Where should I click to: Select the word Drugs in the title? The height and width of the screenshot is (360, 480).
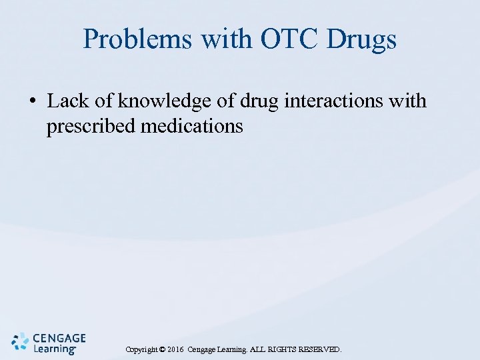(x=362, y=40)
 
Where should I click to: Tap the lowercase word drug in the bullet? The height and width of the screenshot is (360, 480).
(x=257, y=101)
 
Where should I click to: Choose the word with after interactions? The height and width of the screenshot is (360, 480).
(x=406, y=101)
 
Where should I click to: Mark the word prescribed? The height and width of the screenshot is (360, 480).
(x=91, y=125)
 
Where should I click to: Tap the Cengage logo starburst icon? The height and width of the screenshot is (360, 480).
(x=21, y=341)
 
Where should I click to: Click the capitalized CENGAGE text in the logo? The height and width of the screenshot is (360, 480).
(x=59, y=338)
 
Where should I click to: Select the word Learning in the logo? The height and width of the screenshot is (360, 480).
(x=54, y=349)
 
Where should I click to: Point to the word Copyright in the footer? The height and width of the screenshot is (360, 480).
(x=141, y=349)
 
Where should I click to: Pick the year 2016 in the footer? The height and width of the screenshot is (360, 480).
(x=176, y=349)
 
